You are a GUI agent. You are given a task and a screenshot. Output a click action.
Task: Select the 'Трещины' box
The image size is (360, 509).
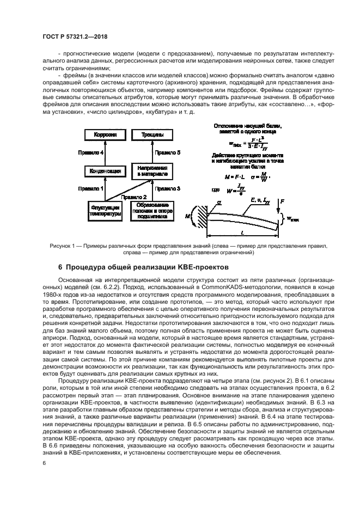[148, 133]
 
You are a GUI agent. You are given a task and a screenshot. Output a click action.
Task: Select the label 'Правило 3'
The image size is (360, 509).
[166, 188]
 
